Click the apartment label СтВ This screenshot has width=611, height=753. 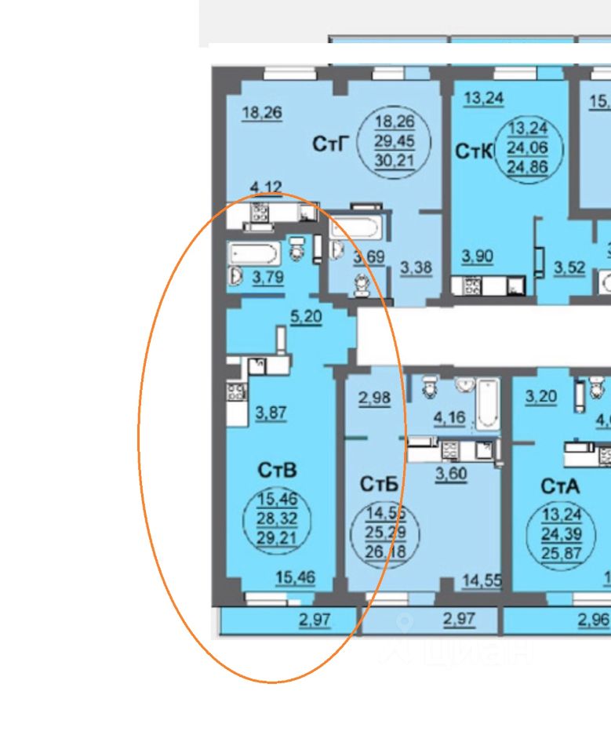tap(277, 471)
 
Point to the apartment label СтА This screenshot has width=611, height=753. tap(560, 486)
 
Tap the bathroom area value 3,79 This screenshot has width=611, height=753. tap(267, 276)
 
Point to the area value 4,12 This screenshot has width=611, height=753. tap(265, 187)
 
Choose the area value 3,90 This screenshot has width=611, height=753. tap(477, 256)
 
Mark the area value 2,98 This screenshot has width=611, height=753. tap(374, 398)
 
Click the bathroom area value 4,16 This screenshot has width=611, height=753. tap(449, 417)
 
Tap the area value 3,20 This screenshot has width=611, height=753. tap(541, 396)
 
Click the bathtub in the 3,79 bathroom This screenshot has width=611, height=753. tap(253, 253)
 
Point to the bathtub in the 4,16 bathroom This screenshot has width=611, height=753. tap(486, 402)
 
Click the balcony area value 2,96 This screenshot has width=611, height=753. tap(594, 619)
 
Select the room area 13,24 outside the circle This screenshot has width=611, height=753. tap(484, 99)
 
